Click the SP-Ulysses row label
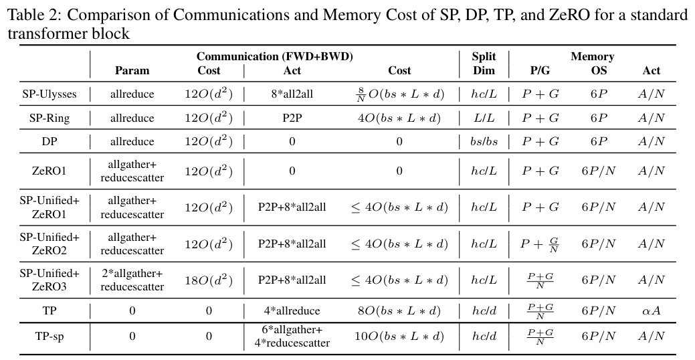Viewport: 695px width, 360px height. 49,94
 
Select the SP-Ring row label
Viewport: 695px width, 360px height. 49,118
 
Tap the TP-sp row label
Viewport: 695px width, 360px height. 49,336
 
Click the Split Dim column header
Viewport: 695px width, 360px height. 484,64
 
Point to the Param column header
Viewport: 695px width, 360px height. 132,70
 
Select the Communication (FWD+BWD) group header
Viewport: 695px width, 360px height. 274,57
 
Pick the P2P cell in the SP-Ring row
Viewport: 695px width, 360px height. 292,118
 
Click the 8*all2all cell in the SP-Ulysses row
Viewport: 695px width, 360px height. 292,94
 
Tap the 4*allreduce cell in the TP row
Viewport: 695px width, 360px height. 292,310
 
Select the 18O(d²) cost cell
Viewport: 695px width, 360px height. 208,280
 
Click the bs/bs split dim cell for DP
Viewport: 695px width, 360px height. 484,142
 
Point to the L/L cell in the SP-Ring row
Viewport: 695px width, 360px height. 484,118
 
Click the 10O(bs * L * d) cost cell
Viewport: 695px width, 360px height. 399,336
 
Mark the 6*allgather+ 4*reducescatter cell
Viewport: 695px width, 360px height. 292,336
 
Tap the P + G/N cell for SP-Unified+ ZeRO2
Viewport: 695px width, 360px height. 540,244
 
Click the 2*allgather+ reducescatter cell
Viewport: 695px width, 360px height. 132,280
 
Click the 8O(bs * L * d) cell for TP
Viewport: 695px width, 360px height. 399,310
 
